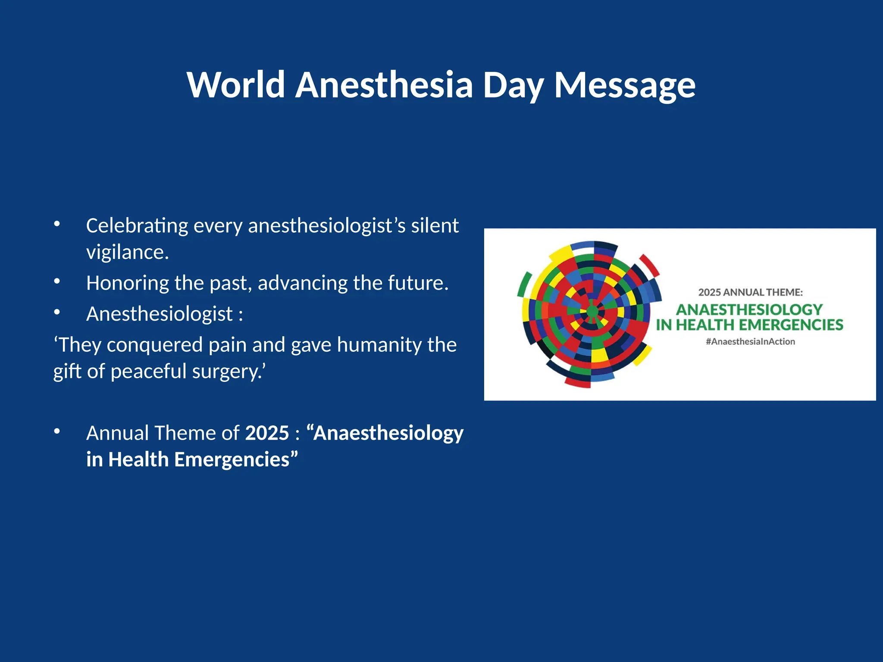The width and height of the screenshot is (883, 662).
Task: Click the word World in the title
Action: (236, 85)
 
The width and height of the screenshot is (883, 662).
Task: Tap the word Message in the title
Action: (624, 85)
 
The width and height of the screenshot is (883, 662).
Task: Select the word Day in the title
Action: (513, 85)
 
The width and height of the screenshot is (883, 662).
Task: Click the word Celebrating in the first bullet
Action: (137, 226)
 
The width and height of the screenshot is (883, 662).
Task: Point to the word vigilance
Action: (127, 252)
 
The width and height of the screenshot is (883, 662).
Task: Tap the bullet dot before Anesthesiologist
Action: (57, 312)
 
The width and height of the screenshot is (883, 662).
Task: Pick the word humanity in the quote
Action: (379, 345)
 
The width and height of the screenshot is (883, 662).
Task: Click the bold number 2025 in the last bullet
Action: (267, 433)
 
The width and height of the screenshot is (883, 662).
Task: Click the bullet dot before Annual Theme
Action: (57, 431)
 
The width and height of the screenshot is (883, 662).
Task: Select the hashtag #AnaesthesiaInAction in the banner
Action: (750, 342)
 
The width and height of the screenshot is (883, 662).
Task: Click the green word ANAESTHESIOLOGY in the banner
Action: (749, 309)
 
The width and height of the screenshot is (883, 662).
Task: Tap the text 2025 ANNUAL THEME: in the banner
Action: (750, 292)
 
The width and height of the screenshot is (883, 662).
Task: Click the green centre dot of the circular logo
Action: (592, 312)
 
